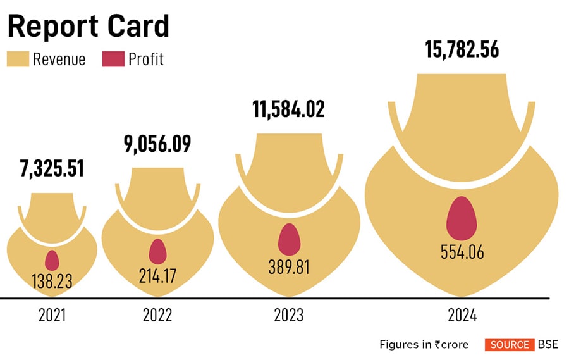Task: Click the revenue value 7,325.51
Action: click(51, 169)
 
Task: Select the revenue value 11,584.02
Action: click(280, 109)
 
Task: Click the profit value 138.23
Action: click(51, 280)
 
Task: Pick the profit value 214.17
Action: click(158, 275)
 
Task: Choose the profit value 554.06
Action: click(462, 251)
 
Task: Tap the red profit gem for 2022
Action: click(157, 251)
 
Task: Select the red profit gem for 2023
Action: click(289, 240)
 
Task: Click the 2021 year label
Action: click(51, 314)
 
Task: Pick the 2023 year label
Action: click(289, 314)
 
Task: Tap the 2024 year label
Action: click(462, 314)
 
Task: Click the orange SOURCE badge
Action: click(509, 345)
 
